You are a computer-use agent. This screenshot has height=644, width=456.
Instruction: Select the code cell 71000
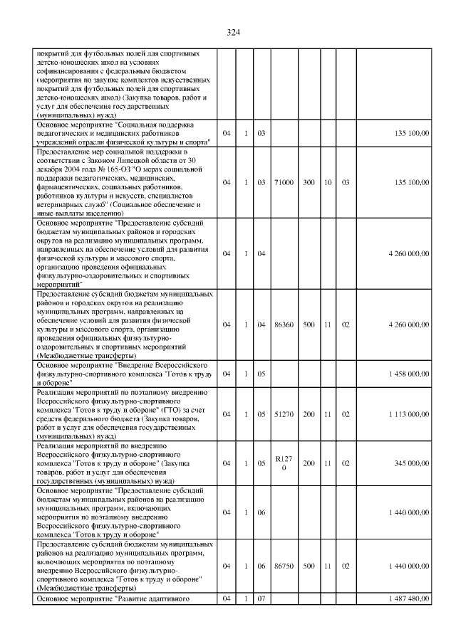[284, 183]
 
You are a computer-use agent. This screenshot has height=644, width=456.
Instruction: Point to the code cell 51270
[284, 413]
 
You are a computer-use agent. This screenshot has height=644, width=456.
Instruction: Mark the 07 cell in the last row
[261, 598]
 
